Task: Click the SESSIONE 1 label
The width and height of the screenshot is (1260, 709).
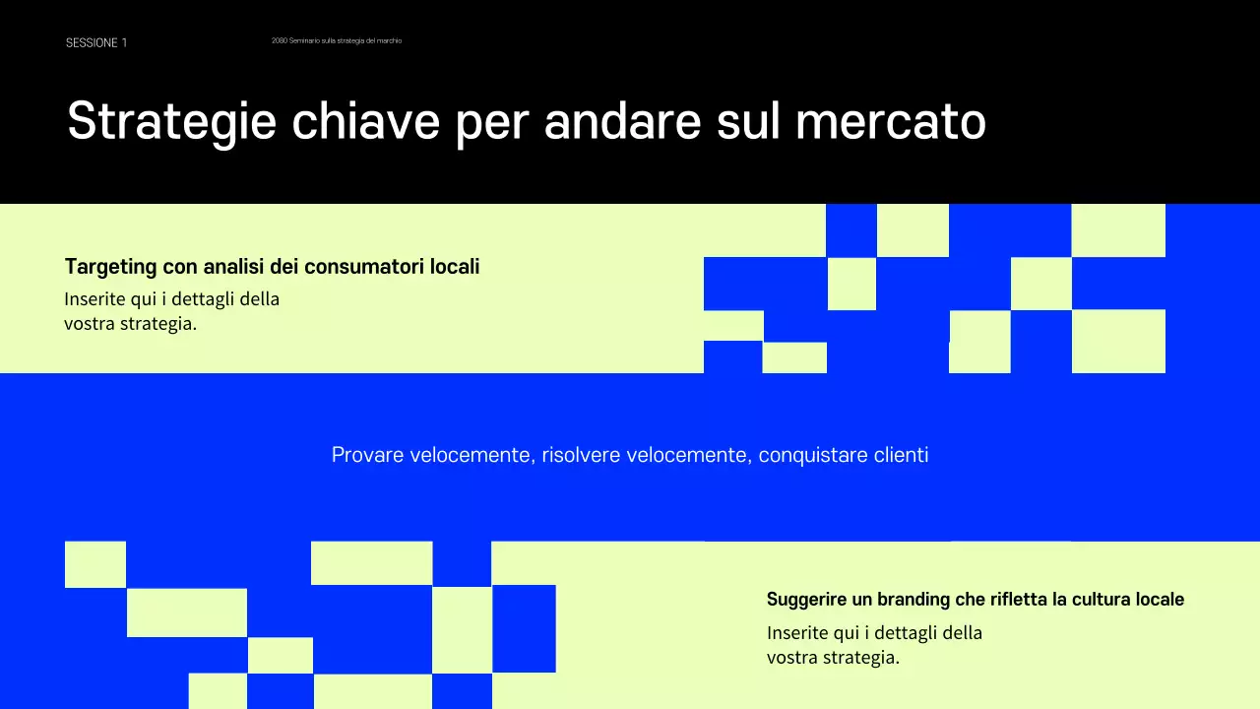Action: coord(96,42)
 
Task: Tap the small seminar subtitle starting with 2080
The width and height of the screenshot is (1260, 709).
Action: coord(337,40)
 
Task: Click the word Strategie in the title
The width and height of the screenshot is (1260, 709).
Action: coord(171,122)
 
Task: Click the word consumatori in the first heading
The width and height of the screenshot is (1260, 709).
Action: coord(364,267)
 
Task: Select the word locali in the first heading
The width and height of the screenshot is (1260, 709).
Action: coord(455,267)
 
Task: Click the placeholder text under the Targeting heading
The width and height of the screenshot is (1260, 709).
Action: coord(172,310)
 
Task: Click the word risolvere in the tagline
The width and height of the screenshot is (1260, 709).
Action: coord(581,455)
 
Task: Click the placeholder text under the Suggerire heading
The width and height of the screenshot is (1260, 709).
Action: coord(874,645)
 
